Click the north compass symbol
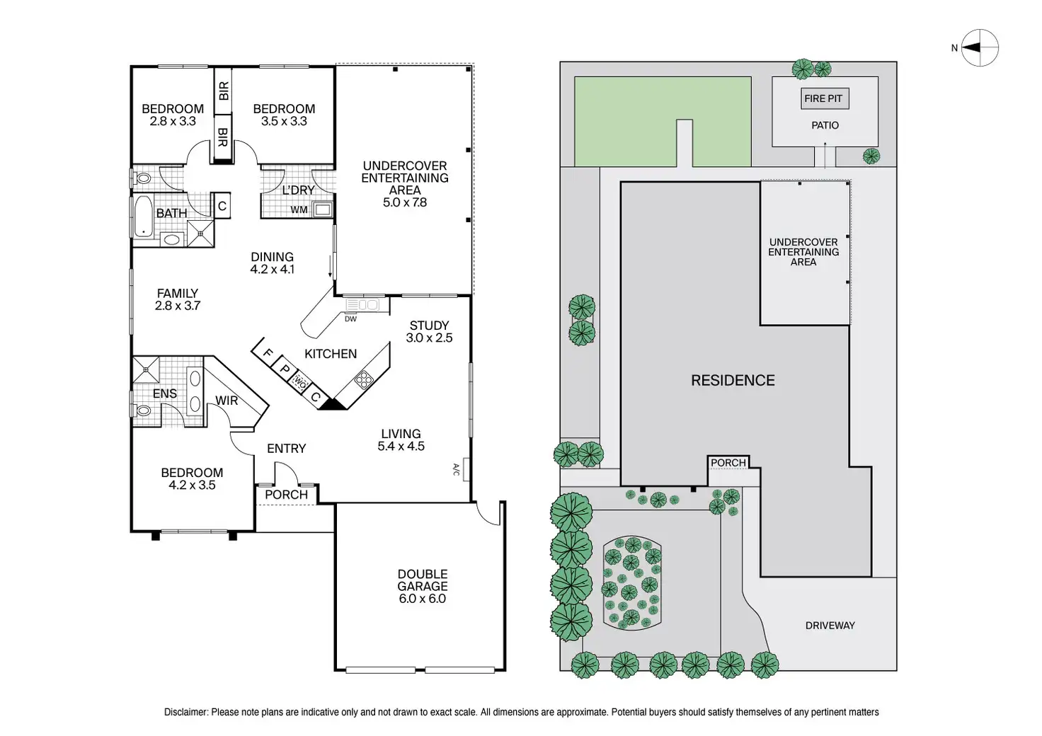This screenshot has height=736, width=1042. click(980, 48)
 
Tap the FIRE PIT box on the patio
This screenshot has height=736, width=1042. click(823, 98)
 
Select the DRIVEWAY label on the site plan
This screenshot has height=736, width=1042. click(830, 626)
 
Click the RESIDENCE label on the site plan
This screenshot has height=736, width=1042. click(733, 381)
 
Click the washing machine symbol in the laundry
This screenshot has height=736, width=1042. click(323, 209)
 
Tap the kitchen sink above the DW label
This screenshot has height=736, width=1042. click(362, 305)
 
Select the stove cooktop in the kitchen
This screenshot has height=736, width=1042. click(364, 381)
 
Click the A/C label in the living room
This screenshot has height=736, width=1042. click(456, 469)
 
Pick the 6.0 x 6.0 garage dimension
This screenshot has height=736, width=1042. click(422, 599)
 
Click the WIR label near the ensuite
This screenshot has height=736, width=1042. click(227, 401)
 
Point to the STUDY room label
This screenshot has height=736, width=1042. click(429, 326)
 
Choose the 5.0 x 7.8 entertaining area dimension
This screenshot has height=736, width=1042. click(405, 202)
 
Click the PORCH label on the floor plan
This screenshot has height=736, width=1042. click(286, 495)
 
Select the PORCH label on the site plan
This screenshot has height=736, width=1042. click(728, 463)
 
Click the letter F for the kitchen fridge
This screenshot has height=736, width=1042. click(268, 353)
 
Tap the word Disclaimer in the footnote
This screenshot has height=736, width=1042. click(185, 712)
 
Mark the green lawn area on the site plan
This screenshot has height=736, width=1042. click(623, 120)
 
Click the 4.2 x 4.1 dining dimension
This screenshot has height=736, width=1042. click(272, 270)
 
